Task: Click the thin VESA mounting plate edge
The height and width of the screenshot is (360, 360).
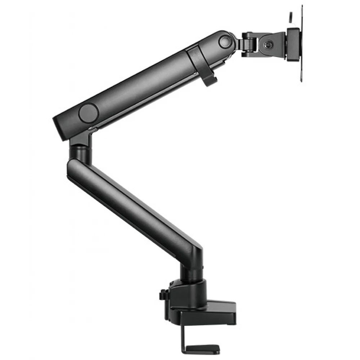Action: coord(300,47)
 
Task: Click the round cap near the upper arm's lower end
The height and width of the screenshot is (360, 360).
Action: coord(89,113)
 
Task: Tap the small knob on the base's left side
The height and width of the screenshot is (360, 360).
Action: coord(162,295)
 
